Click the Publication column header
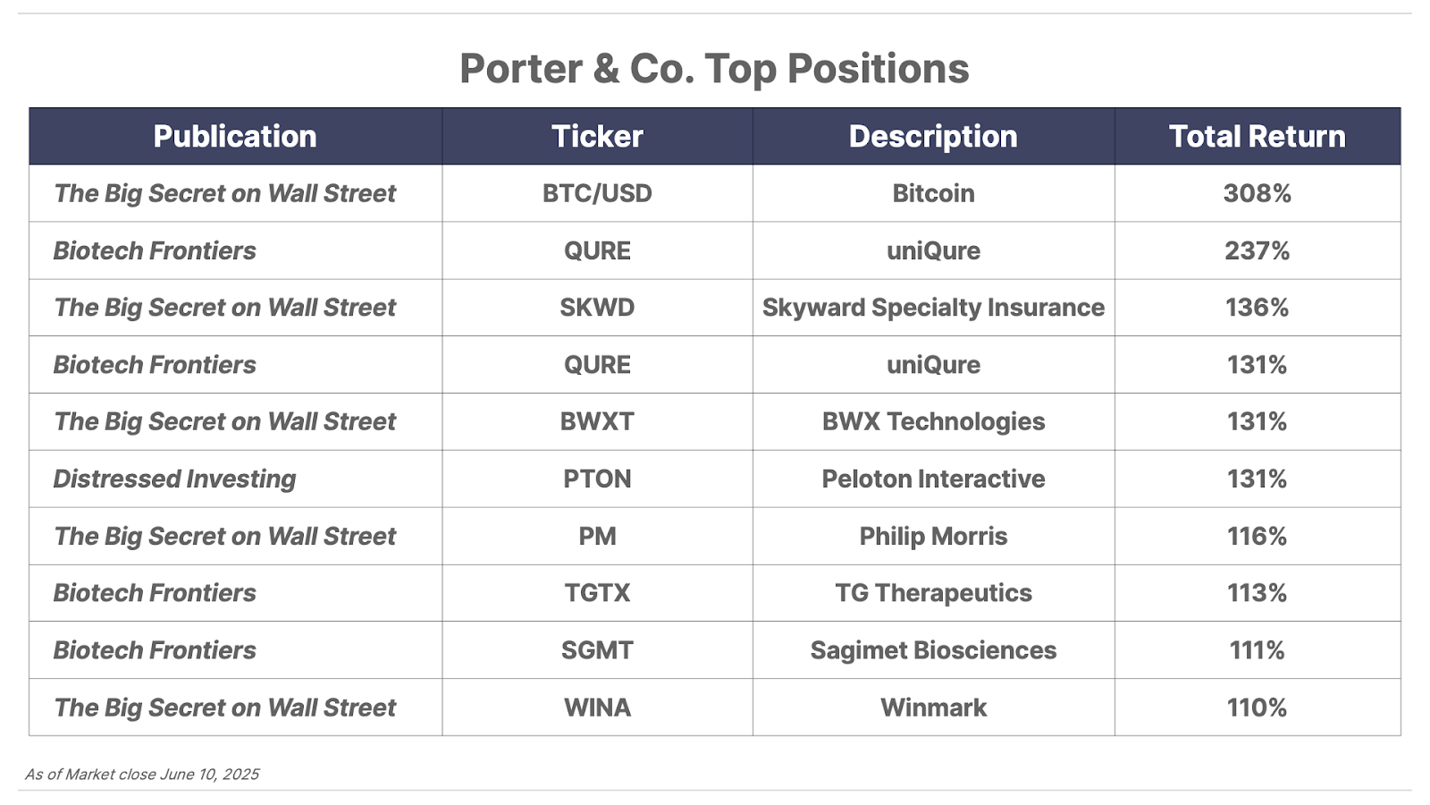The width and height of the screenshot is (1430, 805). (235, 136)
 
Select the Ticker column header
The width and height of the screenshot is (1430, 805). (597, 136)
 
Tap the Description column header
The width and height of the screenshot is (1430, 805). (933, 137)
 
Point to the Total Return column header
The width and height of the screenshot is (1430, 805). (1257, 136)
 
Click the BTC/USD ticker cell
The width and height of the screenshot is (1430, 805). (597, 193)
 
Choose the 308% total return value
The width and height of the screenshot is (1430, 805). (1257, 193)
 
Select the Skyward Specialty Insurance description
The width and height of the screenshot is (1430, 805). (933, 308)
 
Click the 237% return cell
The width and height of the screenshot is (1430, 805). (1257, 250)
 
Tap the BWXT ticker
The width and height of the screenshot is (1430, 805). (597, 421)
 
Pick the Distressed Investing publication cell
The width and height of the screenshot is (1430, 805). (174, 479)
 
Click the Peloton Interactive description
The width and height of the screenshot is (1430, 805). (933, 479)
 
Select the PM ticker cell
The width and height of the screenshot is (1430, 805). (597, 536)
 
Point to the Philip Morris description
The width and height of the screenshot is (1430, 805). (933, 537)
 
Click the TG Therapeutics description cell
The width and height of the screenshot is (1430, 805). (933, 594)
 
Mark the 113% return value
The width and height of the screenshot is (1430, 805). (1257, 593)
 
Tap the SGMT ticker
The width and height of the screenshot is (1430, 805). (597, 650)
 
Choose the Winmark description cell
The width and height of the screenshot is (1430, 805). (933, 708)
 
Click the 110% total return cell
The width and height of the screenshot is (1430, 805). (1257, 708)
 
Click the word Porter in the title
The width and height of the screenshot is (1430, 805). (521, 68)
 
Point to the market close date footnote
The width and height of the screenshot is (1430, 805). (142, 775)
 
